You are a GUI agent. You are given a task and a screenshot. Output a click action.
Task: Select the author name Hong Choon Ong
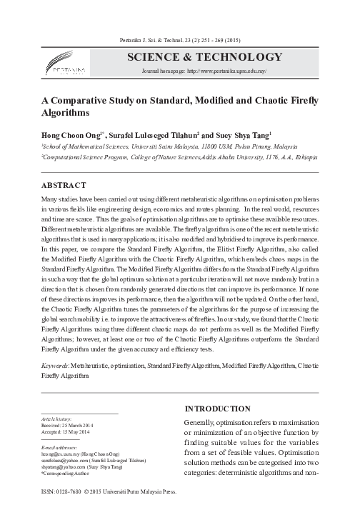[x=70, y=134]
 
